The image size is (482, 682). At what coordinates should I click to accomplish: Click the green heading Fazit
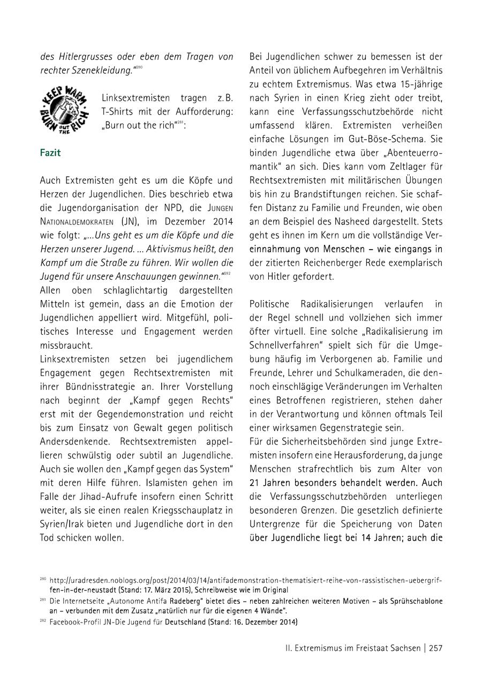pyautogui.click(x=50, y=153)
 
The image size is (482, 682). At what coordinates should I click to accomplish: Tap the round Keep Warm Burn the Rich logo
pyautogui.click(x=64, y=111)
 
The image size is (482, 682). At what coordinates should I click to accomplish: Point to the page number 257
pyautogui.click(x=435, y=648)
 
